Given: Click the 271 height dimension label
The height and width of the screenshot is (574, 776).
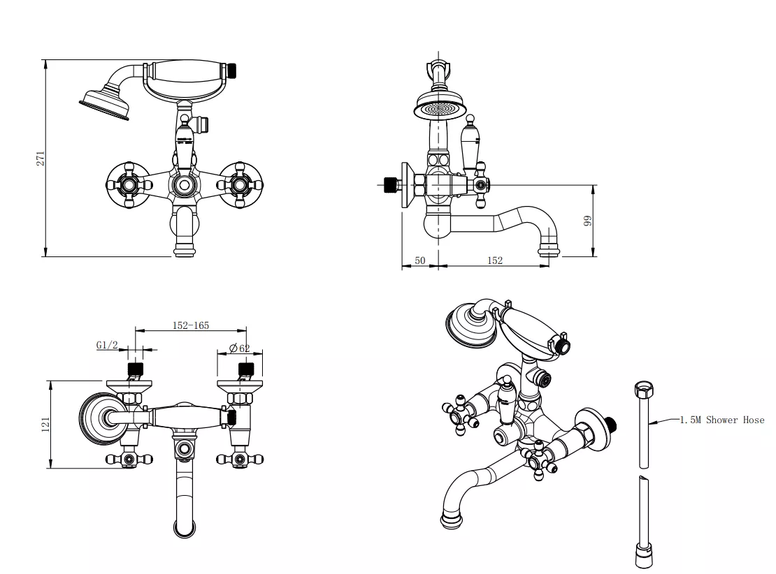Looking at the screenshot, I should click(41, 158).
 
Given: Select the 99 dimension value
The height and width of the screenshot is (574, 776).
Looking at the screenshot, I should click(588, 220).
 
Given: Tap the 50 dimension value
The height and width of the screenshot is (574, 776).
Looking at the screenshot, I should click(420, 260).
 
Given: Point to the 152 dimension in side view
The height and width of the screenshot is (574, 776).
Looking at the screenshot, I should click(494, 260).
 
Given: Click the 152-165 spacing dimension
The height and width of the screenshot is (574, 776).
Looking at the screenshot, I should click(191, 325).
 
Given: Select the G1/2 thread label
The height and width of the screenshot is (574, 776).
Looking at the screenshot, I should click(106, 344).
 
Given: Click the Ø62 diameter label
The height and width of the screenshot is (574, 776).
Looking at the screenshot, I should click(239, 348).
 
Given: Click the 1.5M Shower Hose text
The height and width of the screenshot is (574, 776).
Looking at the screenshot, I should click(722, 420).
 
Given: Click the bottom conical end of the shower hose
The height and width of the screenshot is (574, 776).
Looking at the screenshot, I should click(643, 557).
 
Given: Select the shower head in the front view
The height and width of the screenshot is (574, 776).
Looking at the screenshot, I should click(106, 101).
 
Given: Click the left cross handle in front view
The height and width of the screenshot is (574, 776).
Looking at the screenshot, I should click(127, 185).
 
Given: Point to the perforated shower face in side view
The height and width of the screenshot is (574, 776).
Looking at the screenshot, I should click(438, 110).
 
